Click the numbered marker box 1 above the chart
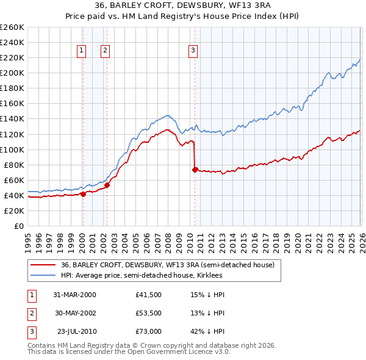pos(81,51)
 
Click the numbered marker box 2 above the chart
pos(105,51)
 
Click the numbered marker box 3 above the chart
pos(193,51)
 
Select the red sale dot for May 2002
pos(107,185)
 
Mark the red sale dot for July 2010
pos(195,170)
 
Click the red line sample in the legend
pos(43,265)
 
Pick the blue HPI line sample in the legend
pos(43,276)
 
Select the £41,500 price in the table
pos(149,295)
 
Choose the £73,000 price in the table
pos(149,331)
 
